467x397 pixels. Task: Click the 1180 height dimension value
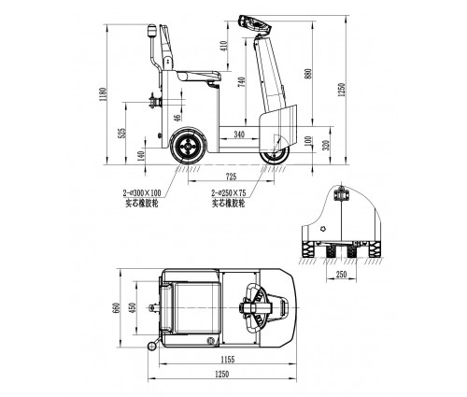[103, 94]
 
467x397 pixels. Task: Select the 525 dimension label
[122, 133]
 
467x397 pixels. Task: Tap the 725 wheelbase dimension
[231, 177]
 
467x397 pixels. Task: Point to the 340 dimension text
[239, 135]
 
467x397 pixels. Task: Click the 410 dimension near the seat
[224, 46]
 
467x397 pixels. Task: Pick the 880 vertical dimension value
[308, 74]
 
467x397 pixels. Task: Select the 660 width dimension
[117, 308]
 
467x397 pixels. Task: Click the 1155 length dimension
[228, 360]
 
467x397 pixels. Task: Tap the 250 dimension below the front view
[341, 274]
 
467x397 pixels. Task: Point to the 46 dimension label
[177, 118]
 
